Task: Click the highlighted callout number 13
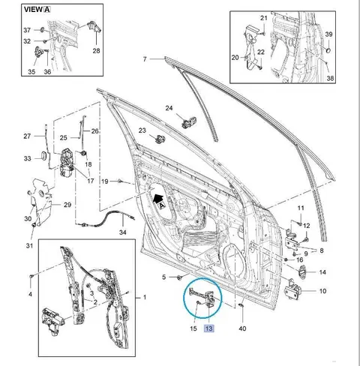[208, 328]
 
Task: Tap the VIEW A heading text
[37, 10]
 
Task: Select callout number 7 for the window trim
[145, 59]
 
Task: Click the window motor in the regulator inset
[53, 321]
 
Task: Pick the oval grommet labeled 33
[43, 156]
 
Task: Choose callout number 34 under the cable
[122, 232]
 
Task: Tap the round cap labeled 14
[301, 271]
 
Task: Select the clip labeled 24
[189, 121]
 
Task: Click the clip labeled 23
[160, 139]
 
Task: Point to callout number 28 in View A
[96, 51]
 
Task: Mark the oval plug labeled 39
[328, 49]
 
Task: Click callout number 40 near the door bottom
[242, 328]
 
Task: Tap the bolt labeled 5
[179, 277]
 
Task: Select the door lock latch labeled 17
[67, 163]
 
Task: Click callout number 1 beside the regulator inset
[145, 297]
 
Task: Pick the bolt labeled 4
[31, 276]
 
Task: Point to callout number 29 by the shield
[67, 205]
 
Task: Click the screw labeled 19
[120, 181]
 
